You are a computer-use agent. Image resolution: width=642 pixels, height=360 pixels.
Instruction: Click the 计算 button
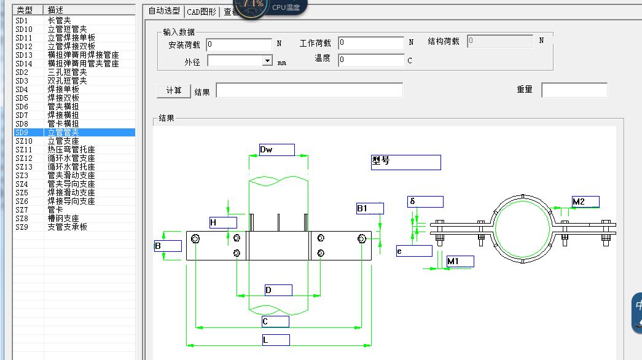pyautogui.click(x=174, y=90)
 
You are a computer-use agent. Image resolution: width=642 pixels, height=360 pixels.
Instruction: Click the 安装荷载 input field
pyautogui.click(x=239, y=44)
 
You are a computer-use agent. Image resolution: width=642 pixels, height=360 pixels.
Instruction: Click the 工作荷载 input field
pyautogui.click(x=371, y=43)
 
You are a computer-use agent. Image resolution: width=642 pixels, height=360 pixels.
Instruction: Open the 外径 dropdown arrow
pyautogui.click(x=267, y=61)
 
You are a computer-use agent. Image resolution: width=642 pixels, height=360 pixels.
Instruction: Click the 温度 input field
pyautogui.click(x=371, y=60)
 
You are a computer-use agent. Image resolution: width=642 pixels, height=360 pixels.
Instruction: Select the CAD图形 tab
pyautogui.click(x=202, y=11)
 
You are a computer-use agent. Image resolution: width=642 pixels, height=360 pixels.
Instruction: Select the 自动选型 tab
pyautogui.click(x=165, y=11)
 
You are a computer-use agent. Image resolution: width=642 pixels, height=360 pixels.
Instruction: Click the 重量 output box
pyautogui.click(x=574, y=90)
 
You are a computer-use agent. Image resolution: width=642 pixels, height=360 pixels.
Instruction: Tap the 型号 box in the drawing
pyautogui.click(x=405, y=162)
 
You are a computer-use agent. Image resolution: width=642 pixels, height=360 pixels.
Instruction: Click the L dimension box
pyautogui.click(x=276, y=340)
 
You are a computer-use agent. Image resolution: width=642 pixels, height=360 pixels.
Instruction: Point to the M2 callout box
pyautogui.click(x=585, y=202)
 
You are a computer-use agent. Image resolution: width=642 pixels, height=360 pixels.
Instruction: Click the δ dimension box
pyautogui.click(x=425, y=202)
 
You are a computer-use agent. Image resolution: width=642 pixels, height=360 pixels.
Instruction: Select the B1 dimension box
pyautogui.click(x=370, y=208)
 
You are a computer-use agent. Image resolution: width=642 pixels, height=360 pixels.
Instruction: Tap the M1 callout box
pyautogui.click(x=460, y=262)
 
